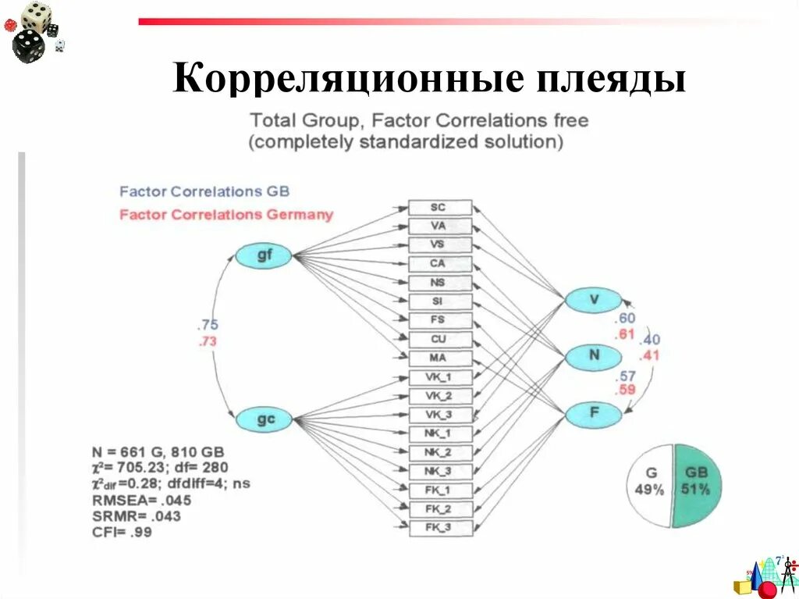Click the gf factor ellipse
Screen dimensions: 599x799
(264, 256)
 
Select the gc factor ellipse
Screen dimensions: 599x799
(265, 419)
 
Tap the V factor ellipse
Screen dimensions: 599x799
(593, 299)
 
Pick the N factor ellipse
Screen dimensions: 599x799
(594, 356)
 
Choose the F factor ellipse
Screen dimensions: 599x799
(594, 413)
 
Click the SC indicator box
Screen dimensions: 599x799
(440, 208)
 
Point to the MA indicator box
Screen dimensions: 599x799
(440, 358)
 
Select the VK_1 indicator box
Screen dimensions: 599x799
(440, 377)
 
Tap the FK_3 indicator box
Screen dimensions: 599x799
(440, 528)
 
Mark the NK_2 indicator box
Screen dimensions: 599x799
(440, 452)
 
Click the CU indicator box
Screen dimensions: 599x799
(440, 340)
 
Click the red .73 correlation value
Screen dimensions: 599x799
(208, 341)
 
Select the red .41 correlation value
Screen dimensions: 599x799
(649, 355)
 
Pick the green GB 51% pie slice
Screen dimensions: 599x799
(698, 484)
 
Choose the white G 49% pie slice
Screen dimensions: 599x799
(649, 484)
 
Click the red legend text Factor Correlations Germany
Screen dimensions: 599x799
(226, 215)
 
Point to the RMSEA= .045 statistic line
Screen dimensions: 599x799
(141, 500)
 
